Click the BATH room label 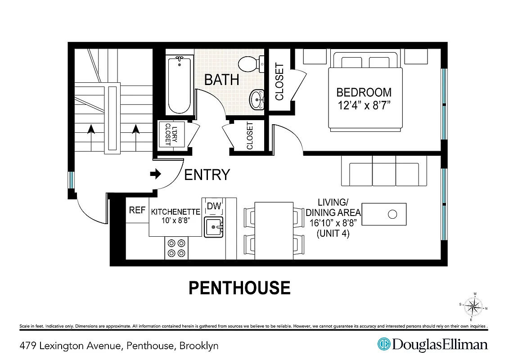221,80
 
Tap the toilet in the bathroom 248,64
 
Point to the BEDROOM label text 364,93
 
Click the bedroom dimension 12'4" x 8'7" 364,106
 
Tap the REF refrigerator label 137,210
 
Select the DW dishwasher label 214,207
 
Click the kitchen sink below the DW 214,227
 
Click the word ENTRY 207,175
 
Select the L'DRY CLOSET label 168,134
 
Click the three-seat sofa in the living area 384,171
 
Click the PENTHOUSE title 239,288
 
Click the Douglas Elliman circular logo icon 384,345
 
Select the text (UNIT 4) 333,234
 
